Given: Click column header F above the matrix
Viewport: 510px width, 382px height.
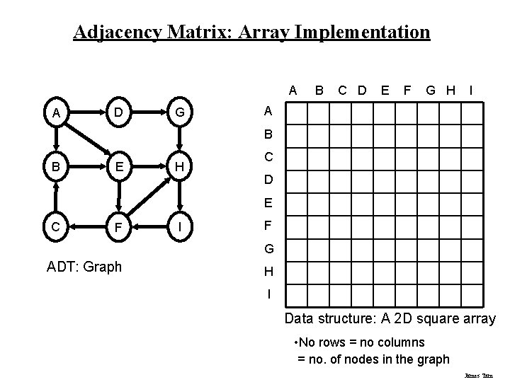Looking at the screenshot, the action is [407, 90].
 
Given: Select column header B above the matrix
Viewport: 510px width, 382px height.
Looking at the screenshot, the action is [319, 90].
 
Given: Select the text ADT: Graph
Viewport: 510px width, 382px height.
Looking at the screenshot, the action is [84, 267].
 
